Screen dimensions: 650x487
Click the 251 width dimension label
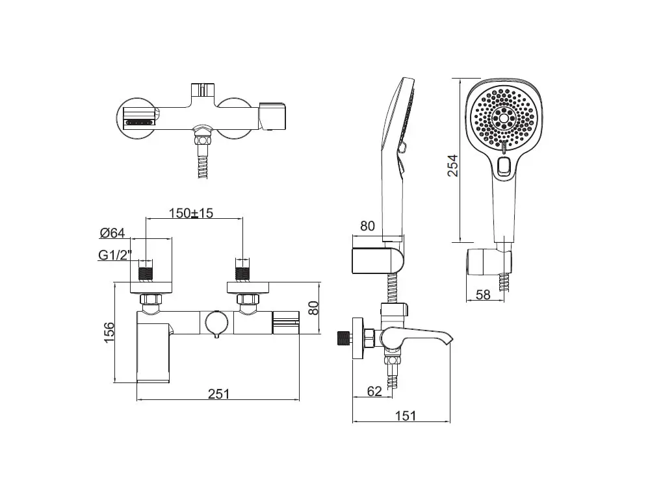click(218, 393)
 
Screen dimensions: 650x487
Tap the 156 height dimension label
click(109, 332)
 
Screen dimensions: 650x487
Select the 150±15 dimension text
click(190, 213)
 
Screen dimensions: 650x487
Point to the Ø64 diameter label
click(112, 233)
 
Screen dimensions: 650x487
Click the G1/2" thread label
click(115, 255)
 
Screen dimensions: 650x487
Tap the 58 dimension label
click(483, 294)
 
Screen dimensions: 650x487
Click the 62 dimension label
click(374, 391)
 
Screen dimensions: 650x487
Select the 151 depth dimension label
click(405, 416)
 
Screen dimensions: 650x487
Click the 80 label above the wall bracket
click(367, 226)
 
